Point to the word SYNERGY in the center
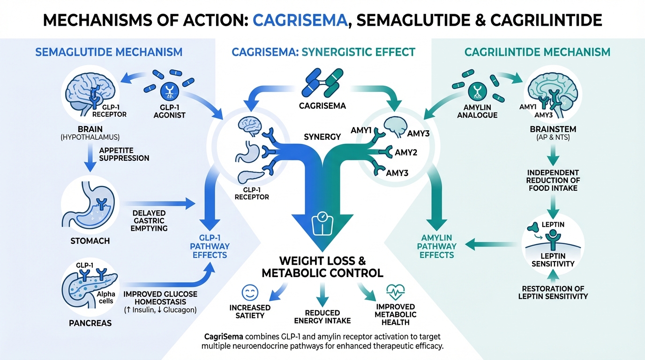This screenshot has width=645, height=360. [322, 136]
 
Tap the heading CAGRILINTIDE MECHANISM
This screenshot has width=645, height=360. [537, 52]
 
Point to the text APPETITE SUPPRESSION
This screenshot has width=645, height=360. [124, 154]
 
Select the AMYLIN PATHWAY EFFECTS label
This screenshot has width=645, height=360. [437, 246]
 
